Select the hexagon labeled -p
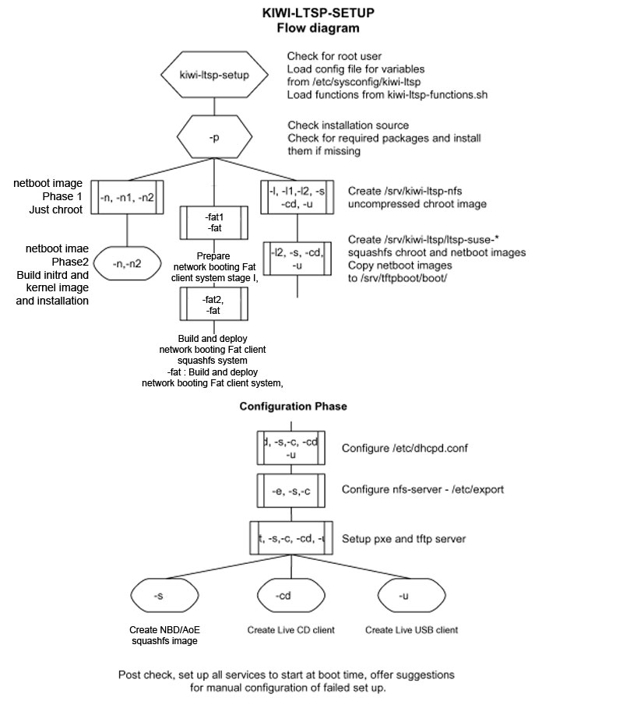pyautogui.click(x=215, y=137)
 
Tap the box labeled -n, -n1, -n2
pyautogui.click(x=127, y=198)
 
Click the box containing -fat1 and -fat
pyautogui.click(x=213, y=224)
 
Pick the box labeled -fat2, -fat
pyautogui.click(x=213, y=305)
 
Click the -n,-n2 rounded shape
pyautogui.click(x=127, y=262)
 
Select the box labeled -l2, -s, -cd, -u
pyautogui.click(x=298, y=257)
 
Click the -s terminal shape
pyautogui.click(x=159, y=596)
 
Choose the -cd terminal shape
pyautogui.click(x=283, y=596)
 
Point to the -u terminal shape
pyautogui.click(x=403, y=596)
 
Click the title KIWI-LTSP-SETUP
pyautogui.click(x=319, y=14)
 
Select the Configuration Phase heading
pyautogui.click(x=293, y=407)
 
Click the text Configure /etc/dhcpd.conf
pyautogui.click(x=404, y=448)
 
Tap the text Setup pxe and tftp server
pyautogui.click(x=403, y=538)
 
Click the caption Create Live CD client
pyautogui.click(x=290, y=629)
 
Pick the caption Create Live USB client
pyautogui.click(x=411, y=629)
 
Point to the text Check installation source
pyautogui.click(x=348, y=125)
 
